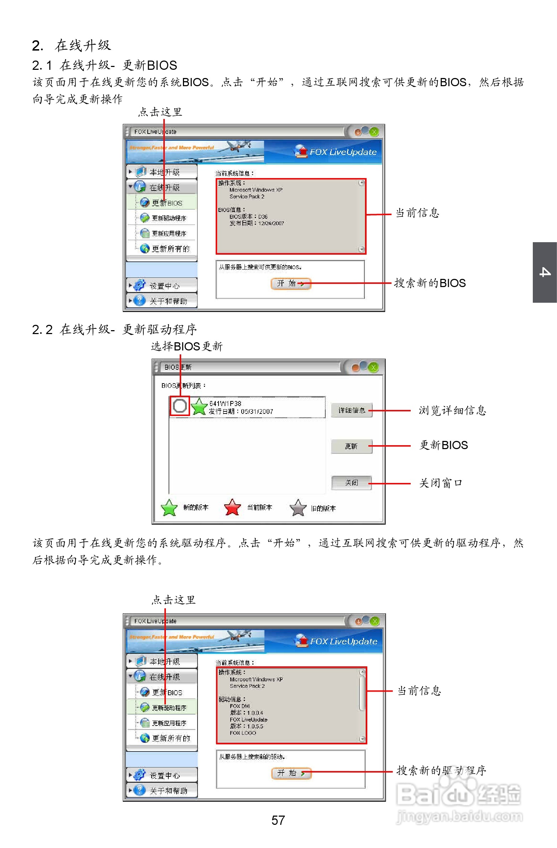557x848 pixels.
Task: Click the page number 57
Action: pos(278,820)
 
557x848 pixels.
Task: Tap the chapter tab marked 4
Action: pos(545,272)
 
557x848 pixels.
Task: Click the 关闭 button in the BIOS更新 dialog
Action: pos(352,483)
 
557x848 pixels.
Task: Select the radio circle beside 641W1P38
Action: pos(180,406)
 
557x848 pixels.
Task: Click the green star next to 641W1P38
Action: pos(199,406)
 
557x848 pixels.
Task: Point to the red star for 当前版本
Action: pos(232,508)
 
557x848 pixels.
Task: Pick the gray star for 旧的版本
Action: pos(298,508)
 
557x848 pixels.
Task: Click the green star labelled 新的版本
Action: pos(169,508)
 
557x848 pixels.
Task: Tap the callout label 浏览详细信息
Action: pos(452,410)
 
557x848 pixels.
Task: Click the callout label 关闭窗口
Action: pos(441,483)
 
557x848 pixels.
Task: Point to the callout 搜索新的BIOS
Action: pos(430,283)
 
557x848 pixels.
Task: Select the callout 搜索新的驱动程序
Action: pos(441,770)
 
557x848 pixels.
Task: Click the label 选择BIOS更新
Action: pos(186,346)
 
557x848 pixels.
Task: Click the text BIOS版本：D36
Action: pos(248,217)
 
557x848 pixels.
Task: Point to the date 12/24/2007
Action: pos(271,223)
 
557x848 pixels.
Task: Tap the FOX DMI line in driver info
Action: pos(240,706)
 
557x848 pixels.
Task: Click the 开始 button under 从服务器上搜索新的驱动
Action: pos(291,773)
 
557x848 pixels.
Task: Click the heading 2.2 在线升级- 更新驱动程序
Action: pos(114,329)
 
